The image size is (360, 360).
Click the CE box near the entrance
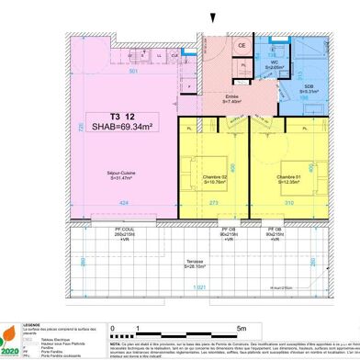pyautogui.click(x=242, y=44)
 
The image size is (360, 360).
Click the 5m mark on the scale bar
pyautogui.click(x=242, y=327)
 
